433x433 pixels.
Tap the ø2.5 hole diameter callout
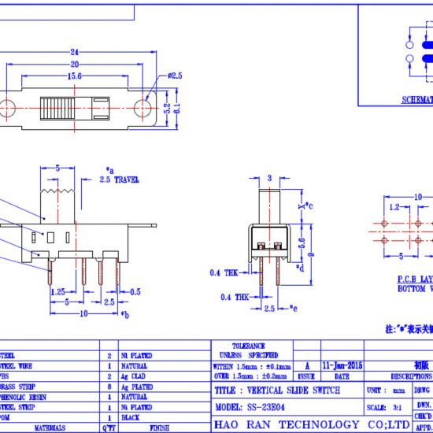(x=174, y=76)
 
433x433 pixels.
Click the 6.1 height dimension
(x=187, y=108)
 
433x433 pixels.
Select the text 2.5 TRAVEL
(x=120, y=179)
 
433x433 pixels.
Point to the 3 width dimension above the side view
(x=269, y=178)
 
